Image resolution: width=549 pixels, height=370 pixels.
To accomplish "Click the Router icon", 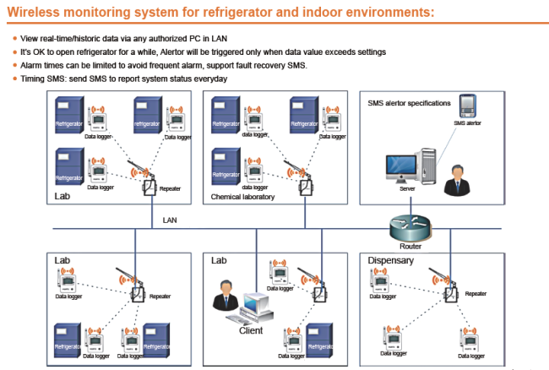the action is coord(410,227).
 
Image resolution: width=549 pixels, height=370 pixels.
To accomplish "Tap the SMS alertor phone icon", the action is coord(467,106).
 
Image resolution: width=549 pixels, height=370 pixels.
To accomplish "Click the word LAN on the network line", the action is coord(170,220).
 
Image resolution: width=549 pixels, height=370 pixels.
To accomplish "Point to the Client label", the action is coord(251,330).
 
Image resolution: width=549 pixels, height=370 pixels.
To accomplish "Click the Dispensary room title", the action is coord(391,260).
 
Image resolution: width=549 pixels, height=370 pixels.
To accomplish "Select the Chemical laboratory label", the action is coord(242,197).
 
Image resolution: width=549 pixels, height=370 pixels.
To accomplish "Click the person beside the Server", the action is coord(457,180).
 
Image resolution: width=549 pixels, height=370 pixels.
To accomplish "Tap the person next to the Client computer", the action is coord(226,295).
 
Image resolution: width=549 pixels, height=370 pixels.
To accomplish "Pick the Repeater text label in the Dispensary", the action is coord(476,294).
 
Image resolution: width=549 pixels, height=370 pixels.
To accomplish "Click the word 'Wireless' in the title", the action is coord(33,12).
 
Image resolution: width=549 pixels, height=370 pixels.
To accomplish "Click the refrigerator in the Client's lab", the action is coord(319,340).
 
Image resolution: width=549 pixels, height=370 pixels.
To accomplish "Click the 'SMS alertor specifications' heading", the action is coord(409,103).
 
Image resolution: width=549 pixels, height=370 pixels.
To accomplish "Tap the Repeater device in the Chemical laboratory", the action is coord(306,188).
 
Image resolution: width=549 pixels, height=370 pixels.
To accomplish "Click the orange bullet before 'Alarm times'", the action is coord(14,65).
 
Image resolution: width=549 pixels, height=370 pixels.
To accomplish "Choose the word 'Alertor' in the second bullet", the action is coord(172,52).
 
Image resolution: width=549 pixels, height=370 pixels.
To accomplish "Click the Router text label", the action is coord(410,247).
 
